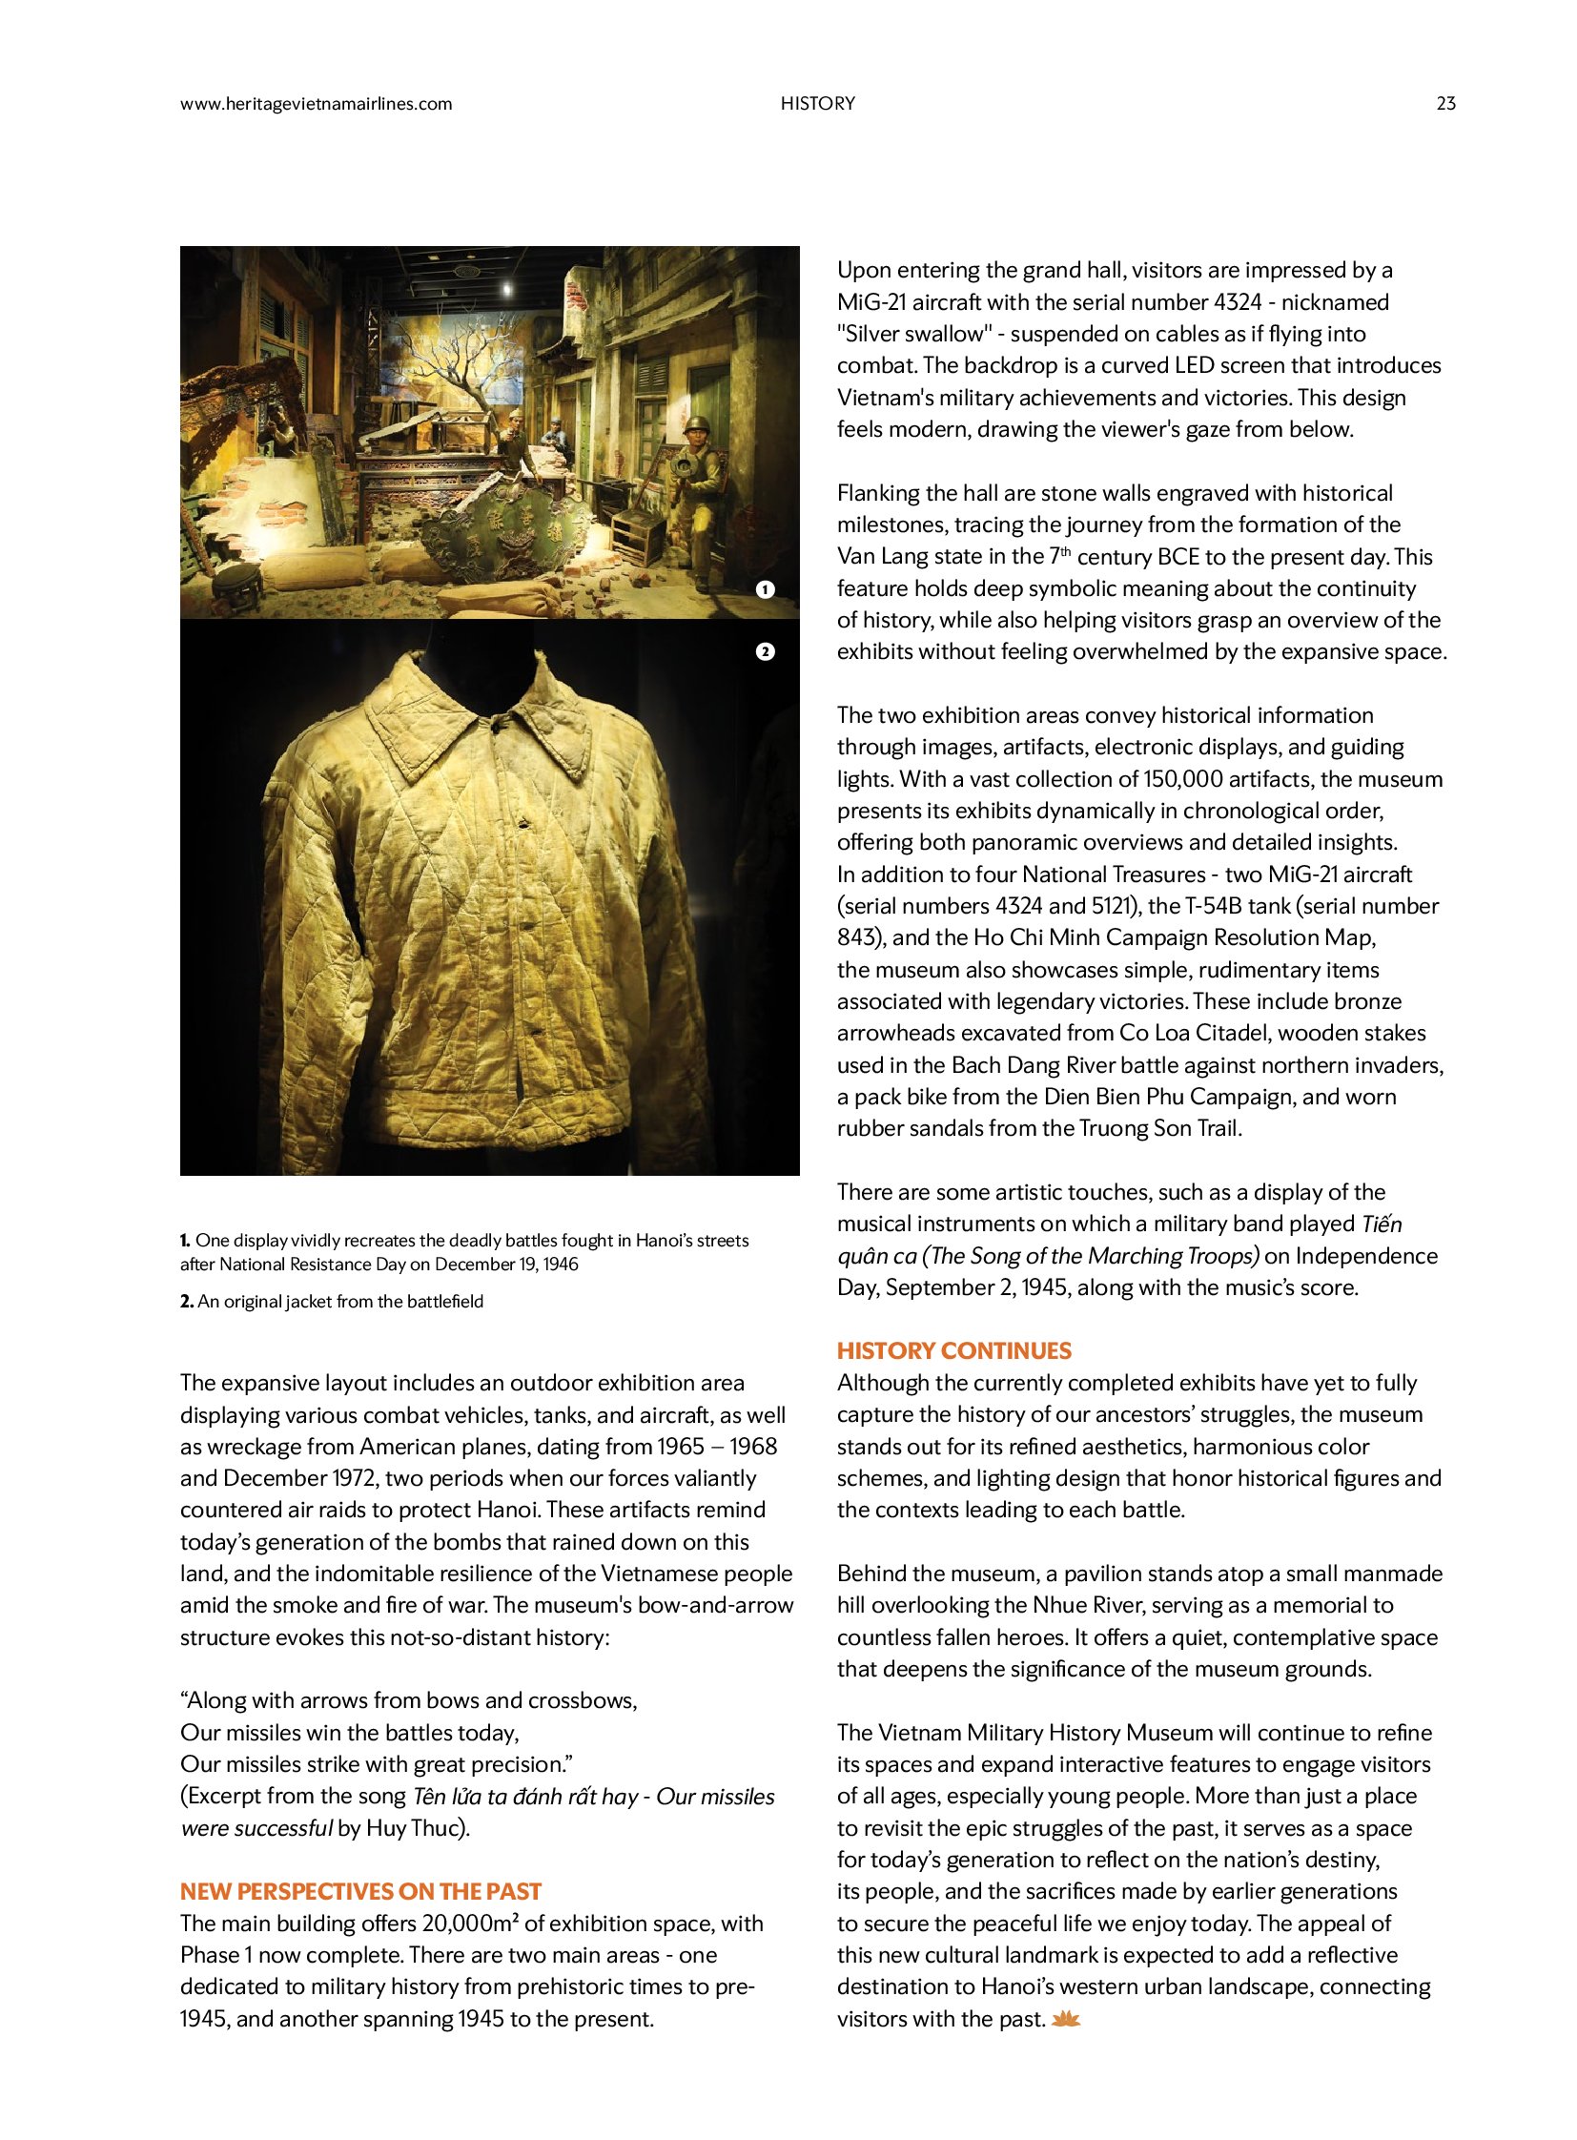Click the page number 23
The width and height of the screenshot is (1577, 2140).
[x=1445, y=103]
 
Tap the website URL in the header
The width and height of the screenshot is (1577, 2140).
[x=316, y=104]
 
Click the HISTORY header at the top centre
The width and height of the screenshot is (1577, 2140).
[x=817, y=103]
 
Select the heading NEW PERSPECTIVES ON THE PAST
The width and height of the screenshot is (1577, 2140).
[x=360, y=1892]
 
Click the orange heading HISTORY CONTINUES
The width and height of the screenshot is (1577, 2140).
[x=953, y=1350]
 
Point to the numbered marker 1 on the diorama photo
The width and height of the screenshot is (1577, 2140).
[x=765, y=589]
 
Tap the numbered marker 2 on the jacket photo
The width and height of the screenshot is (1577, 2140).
[x=765, y=651]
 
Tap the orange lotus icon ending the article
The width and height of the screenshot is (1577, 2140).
[x=1064, y=2019]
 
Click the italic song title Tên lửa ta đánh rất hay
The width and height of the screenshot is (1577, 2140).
[x=524, y=1797]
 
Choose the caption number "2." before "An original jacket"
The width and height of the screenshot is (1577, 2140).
[x=187, y=1302]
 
